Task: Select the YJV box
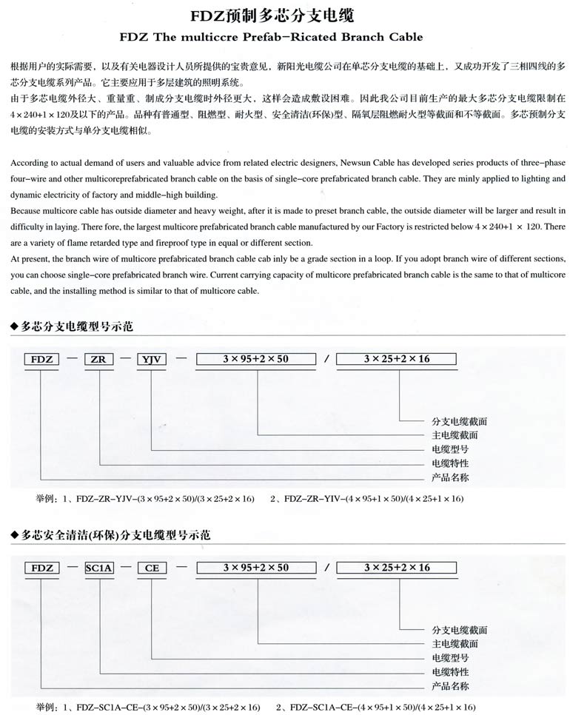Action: [x=152, y=359]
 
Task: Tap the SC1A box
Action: [x=98, y=568]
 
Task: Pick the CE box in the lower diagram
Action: [x=152, y=568]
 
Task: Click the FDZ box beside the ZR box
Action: [x=41, y=359]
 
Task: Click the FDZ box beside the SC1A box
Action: [x=41, y=568]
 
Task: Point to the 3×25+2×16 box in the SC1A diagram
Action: [x=397, y=568]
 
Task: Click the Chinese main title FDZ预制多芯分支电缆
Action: [x=285, y=14]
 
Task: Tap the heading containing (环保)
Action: [x=107, y=534]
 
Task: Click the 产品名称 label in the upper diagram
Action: [x=450, y=477]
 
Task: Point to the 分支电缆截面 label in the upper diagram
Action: [x=459, y=421]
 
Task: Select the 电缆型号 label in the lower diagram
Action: [x=450, y=657]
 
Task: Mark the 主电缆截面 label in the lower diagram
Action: [x=455, y=643]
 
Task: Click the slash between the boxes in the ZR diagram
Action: [x=326, y=360]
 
